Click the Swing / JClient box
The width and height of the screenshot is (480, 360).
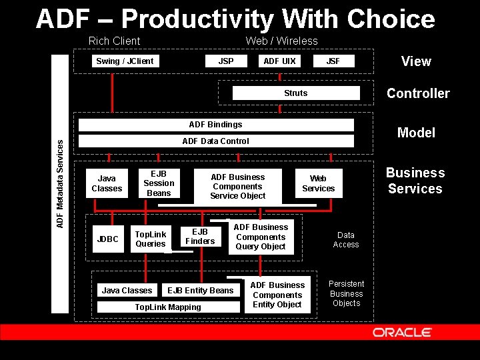point(125,61)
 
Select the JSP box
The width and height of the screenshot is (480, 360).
point(226,61)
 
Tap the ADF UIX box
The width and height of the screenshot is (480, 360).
point(279,61)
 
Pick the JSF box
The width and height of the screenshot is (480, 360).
point(333,61)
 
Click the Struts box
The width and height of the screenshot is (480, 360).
point(296,93)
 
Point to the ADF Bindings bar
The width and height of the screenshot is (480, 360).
point(216,125)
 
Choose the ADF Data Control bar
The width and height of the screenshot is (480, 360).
point(216,141)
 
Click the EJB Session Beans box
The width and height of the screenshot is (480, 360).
point(159,183)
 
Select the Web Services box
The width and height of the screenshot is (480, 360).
point(319,183)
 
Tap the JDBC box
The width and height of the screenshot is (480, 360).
point(107,239)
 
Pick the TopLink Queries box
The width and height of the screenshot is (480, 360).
point(151,239)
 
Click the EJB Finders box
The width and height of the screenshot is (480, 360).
point(200,237)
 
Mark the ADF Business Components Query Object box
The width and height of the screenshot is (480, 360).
point(261,237)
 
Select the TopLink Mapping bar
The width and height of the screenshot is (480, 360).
point(168,307)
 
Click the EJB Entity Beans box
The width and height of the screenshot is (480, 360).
point(201,291)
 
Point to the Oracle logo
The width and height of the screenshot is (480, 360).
point(402,332)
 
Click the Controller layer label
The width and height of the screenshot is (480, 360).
point(418,93)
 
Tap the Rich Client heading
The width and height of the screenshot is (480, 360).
point(114,41)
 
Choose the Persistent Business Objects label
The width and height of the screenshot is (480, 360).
point(347,293)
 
